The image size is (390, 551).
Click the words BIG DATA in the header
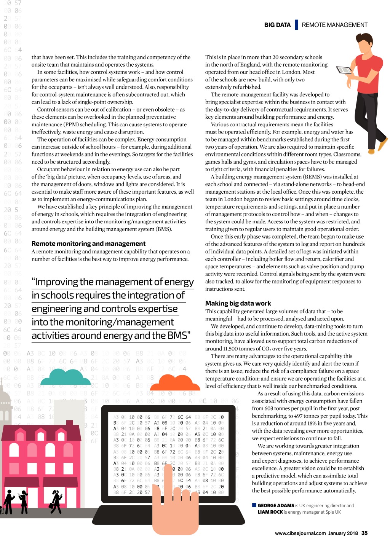[277, 25]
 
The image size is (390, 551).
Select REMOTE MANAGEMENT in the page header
[334, 25]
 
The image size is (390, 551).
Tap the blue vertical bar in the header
[296, 25]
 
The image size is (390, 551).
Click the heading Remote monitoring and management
[88, 244]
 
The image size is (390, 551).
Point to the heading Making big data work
[238, 303]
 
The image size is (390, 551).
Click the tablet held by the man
[345, 70]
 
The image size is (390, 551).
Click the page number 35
[364, 533]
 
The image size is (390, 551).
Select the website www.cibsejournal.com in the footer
[300, 533]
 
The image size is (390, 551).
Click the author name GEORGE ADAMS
[276, 506]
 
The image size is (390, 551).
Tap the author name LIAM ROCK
[270, 512]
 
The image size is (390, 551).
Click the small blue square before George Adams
[254, 505]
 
